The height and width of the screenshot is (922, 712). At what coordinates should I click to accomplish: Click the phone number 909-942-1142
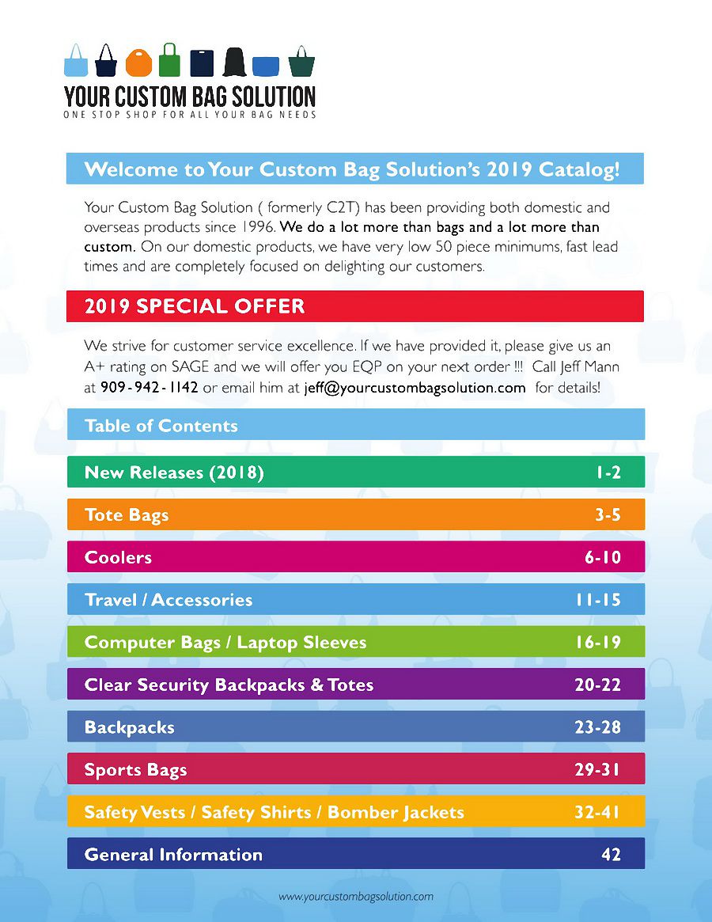coord(149,388)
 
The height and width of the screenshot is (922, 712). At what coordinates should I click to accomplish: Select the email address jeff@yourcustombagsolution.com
coord(415,388)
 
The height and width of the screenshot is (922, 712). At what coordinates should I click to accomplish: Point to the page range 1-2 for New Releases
coord(608,472)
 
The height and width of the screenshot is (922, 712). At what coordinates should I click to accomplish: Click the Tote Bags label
coord(127,515)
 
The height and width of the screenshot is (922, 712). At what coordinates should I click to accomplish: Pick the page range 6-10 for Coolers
coord(603,557)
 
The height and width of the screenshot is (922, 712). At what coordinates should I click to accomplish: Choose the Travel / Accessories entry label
coord(169,600)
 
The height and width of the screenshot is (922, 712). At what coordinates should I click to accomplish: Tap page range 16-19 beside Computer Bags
coord(598,643)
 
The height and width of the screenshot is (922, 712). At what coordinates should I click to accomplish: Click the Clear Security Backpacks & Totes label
coord(229,685)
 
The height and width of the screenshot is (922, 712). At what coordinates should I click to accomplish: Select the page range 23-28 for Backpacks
coord(597,727)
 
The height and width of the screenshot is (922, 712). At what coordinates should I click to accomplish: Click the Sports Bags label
coord(136,770)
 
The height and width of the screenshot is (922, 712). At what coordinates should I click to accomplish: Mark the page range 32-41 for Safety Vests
coord(597,812)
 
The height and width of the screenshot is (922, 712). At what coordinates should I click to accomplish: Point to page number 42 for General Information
coord(611,855)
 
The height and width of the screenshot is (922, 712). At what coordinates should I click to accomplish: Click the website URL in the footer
coord(356,897)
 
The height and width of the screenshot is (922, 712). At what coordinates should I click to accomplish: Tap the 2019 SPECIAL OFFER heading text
coord(195,307)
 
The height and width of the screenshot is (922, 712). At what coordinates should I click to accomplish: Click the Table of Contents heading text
coord(161,426)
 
